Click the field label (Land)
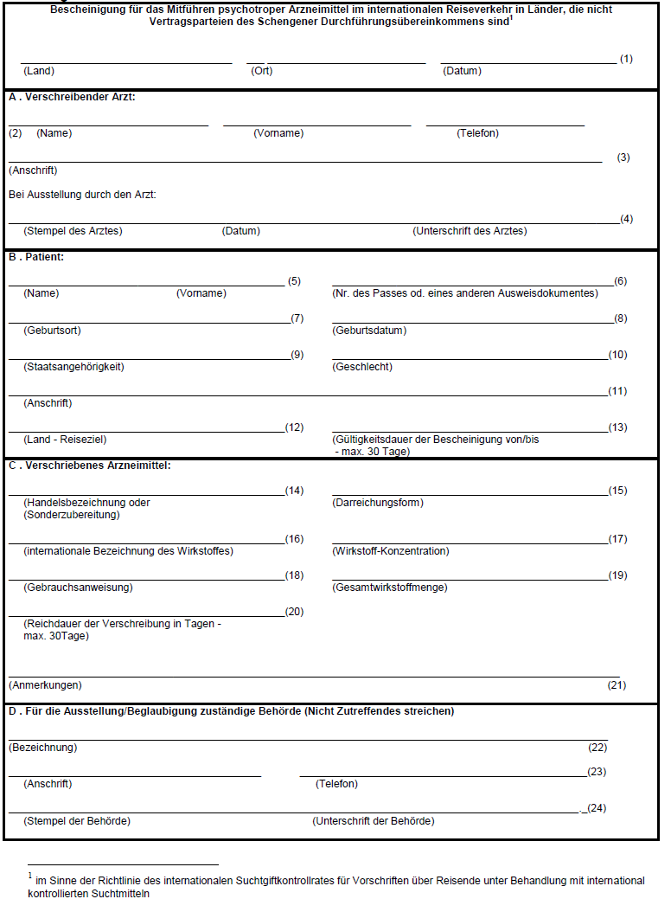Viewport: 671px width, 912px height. pyautogui.click(x=38, y=71)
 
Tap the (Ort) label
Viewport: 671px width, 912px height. pyautogui.click(x=261, y=71)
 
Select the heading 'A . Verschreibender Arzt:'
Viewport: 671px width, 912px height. pyautogui.click(x=72, y=97)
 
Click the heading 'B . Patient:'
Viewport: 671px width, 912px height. pyautogui.click(x=36, y=257)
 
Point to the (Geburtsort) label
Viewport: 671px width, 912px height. pyautogui.click(x=52, y=331)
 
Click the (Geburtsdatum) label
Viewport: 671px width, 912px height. pyautogui.click(x=369, y=331)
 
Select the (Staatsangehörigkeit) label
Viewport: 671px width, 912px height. pyautogui.click(x=73, y=367)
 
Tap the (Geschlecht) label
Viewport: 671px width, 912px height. pyautogui.click(x=362, y=367)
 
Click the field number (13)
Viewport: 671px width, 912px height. pyautogui.click(x=617, y=427)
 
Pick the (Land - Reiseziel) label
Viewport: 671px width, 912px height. pyautogui.click(x=65, y=440)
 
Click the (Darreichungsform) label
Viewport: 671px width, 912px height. pyautogui.click(x=378, y=503)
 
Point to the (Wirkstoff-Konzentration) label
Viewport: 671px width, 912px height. pyautogui.click(x=390, y=551)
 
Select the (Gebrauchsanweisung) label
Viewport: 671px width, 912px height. pyautogui.click(x=78, y=588)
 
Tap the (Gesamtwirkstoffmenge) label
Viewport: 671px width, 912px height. pyautogui.click(x=389, y=588)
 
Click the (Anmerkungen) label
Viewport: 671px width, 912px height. pyautogui.click(x=45, y=684)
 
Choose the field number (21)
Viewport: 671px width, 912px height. pyautogui.click(x=617, y=684)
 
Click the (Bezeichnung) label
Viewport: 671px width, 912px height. pyautogui.click(x=42, y=747)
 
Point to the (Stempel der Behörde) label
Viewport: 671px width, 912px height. pyautogui.click(x=77, y=820)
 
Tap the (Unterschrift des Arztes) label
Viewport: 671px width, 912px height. pyautogui.click(x=470, y=231)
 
